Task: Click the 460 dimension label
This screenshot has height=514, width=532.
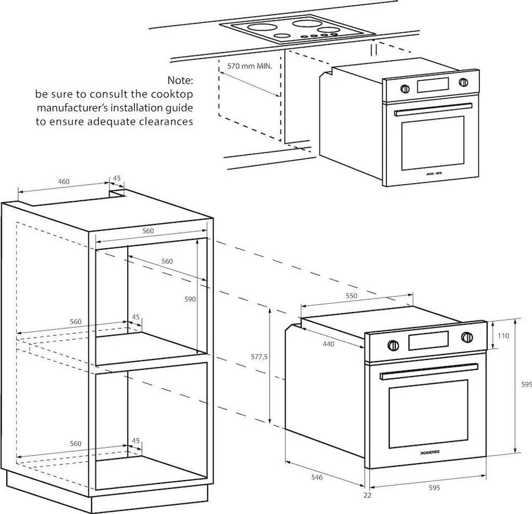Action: click(63, 182)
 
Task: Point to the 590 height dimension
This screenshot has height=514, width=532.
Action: click(191, 299)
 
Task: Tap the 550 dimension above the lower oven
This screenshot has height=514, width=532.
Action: click(352, 296)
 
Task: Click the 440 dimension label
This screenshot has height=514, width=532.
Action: click(328, 344)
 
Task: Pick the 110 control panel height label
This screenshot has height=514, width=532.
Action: click(503, 336)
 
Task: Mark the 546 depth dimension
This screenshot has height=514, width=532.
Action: click(316, 477)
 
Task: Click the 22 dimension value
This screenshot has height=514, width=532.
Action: click(367, 495)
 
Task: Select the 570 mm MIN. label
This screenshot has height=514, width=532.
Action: click(250, 67)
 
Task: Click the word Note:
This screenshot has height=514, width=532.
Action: click(180, 81)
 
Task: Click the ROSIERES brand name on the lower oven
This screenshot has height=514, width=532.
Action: click(430, 453)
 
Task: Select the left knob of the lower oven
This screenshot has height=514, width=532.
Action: click(393, 345)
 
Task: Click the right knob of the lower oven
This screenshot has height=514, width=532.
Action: click(467, 337)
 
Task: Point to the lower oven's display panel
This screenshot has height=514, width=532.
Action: click(429, 341)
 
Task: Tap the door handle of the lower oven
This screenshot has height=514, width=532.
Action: click(428, 371)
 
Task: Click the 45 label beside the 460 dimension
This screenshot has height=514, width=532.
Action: click(117, 178)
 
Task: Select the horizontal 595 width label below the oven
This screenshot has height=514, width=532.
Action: click(434, 487)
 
